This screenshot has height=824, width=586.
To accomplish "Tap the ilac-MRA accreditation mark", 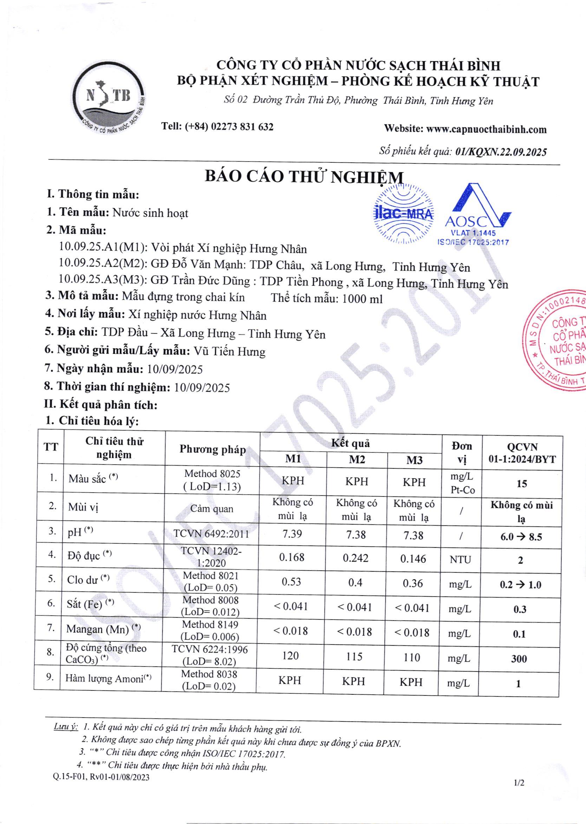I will click(403, 213).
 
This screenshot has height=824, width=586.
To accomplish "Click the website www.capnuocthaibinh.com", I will click(487, 129).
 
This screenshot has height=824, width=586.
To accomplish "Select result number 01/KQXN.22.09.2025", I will click(501, 152).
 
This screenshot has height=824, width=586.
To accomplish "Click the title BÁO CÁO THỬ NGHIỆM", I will click(304, 176).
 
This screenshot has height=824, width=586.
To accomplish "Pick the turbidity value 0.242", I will click(356, 558).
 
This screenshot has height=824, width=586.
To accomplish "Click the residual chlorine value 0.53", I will click(291, 582).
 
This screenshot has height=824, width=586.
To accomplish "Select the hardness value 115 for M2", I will click(354, 656).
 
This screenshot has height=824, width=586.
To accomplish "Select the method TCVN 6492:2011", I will click(211, 534).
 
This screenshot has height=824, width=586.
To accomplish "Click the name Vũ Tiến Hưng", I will click(229, 351).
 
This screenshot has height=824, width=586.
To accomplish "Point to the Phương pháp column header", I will click(212, 449).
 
